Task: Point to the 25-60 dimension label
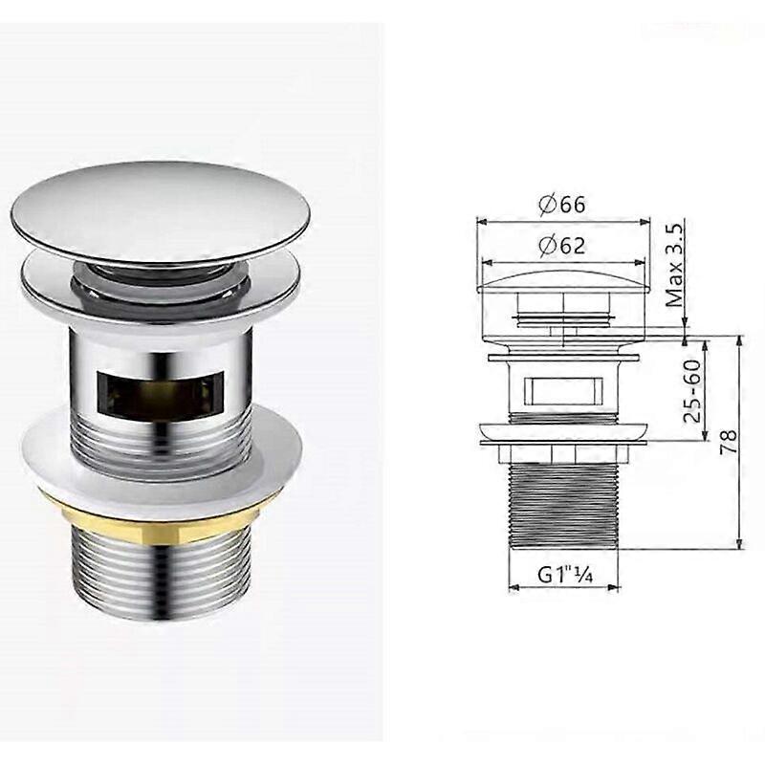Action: pyautogui.click(x=695, y=390)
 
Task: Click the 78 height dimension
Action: pyautogui.click(x=729, y=441)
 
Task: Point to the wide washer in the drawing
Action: pyautogui.click(x=564, y=432)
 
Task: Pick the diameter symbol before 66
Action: pyautogui.click(x=547, y=205)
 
